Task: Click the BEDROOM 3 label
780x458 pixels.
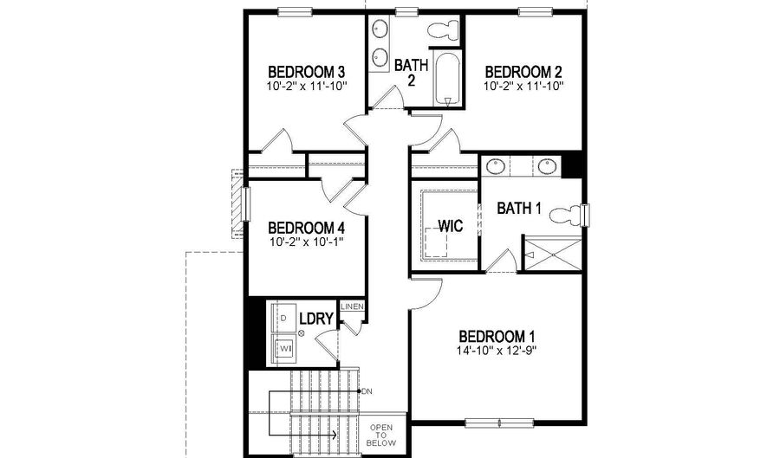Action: click(307, 71)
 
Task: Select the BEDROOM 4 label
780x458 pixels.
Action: click(307, 226)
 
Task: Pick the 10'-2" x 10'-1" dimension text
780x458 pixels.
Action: click(307, 242)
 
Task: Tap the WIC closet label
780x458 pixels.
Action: click(451, 226)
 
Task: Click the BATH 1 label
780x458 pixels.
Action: click(519, 208)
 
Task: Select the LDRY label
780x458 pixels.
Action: click(316, 319)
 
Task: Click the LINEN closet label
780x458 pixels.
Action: click(353, 307)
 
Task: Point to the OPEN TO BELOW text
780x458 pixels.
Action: click(382, 435)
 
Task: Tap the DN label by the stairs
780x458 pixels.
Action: click(367, 391)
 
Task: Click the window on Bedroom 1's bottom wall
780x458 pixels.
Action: click(484, 423)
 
